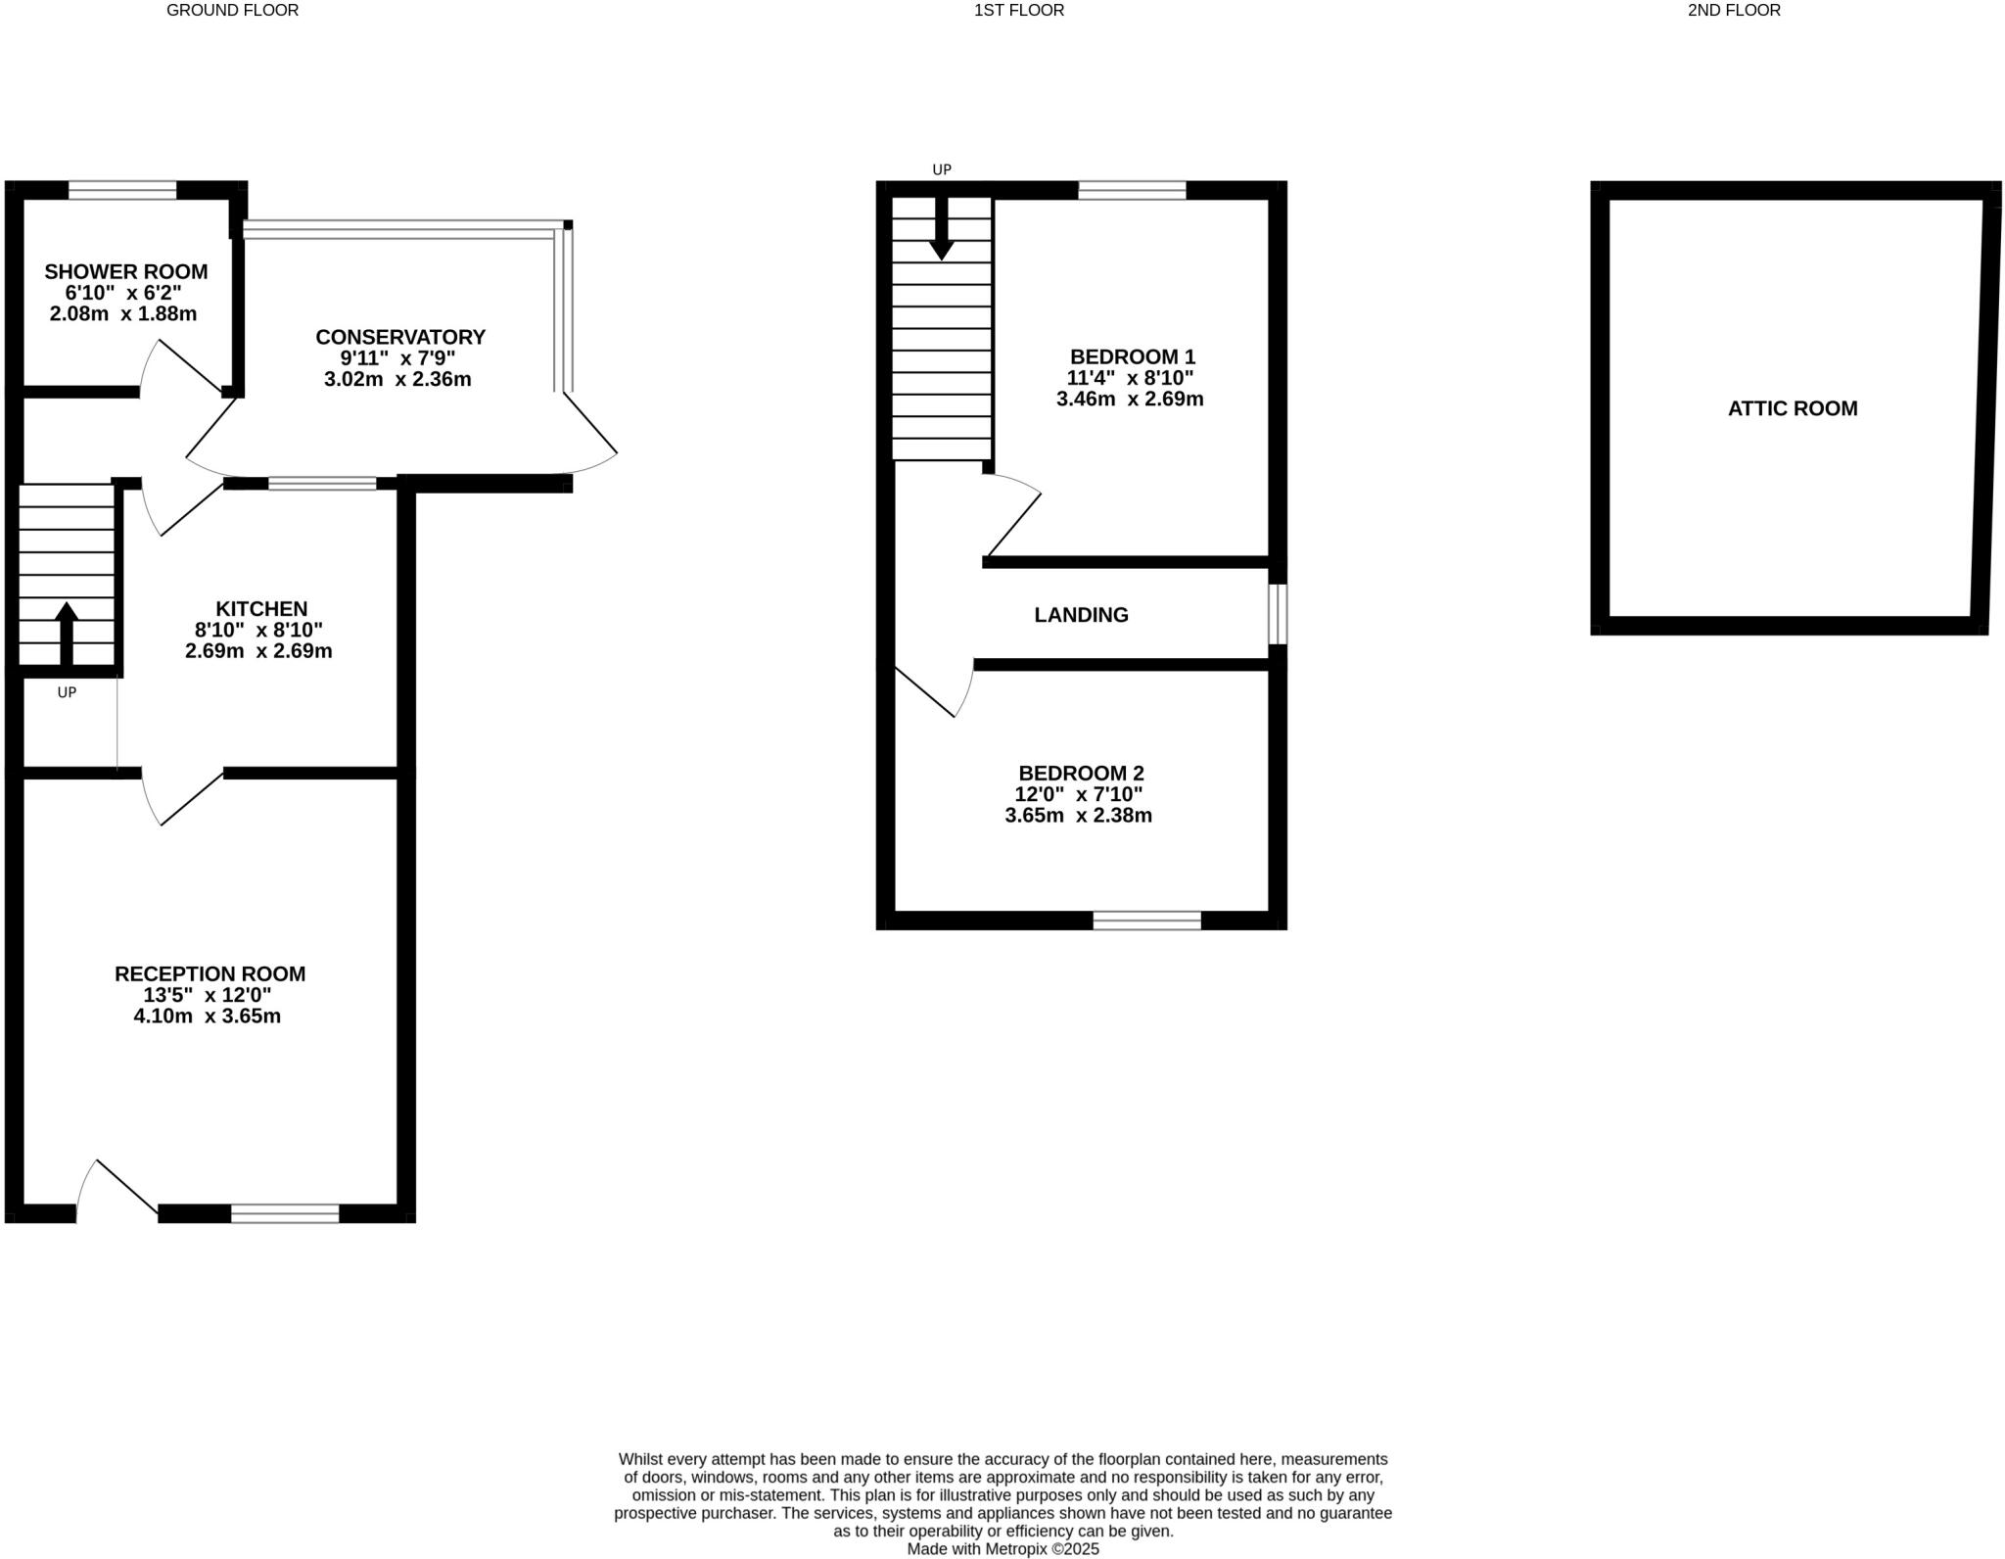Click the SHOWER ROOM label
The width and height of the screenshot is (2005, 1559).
125,271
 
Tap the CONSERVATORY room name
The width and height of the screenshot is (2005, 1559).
400,337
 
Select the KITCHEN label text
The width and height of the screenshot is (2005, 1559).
261,609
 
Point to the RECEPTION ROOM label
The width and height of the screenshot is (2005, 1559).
210,973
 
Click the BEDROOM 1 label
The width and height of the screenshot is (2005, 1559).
1132,356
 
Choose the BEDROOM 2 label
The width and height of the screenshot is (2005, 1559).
1081,774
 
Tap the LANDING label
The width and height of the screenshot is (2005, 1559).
1081,615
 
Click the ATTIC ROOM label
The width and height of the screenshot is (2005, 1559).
1792,408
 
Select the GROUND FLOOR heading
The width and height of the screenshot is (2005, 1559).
232,11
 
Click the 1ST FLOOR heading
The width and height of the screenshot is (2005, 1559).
1018,11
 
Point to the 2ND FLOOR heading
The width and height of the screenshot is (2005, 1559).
1734,11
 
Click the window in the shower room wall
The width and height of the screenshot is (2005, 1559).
122,190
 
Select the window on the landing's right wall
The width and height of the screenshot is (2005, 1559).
1277,615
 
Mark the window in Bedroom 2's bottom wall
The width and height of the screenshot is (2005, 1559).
1146,920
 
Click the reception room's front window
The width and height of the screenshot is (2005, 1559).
285,1213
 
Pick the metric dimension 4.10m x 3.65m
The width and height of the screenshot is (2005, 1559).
208,1016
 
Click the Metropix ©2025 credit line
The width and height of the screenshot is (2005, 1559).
1002,1549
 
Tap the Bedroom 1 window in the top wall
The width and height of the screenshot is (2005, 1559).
1132,190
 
